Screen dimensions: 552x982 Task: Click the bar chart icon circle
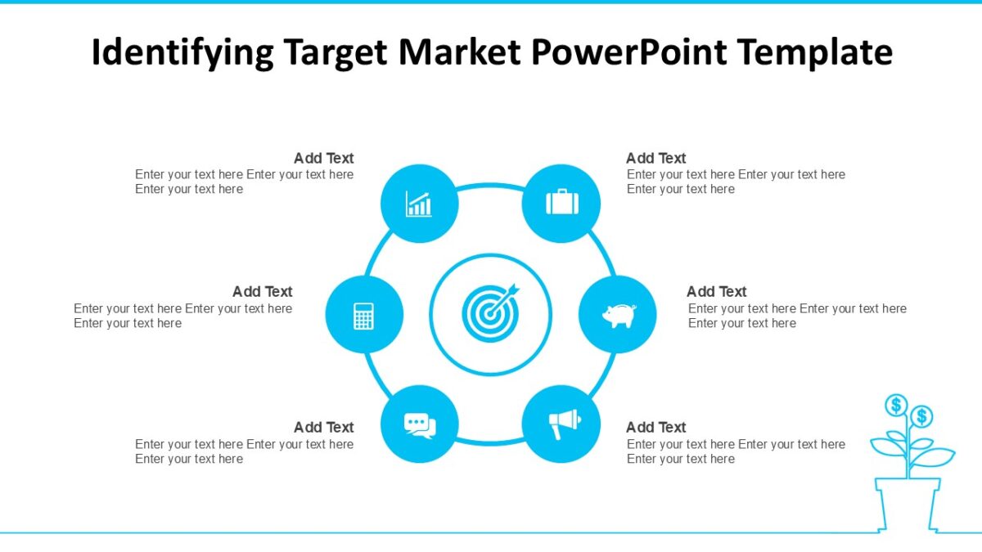coord(420,204)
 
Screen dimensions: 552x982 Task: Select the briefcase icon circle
coord(561,204)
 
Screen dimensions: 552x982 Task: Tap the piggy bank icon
coord(618,315)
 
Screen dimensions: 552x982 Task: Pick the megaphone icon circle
coord(561,424)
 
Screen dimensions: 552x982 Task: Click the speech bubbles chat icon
coord(420,424)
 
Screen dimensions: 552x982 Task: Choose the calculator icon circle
coord(364,315)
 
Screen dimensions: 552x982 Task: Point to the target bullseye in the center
coord(490,313)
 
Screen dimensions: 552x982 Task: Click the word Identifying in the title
coord(182,52)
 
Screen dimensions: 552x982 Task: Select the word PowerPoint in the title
coord(628,52)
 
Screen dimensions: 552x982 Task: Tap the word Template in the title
coord(814,52)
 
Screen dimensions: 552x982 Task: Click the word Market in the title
coord(459,52)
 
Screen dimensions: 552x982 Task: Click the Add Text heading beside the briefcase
coord(655,158)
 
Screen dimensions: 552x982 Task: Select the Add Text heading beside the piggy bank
coord(716,291)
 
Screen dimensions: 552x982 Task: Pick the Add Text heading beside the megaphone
coord(655,427)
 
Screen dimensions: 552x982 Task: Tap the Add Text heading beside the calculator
coord(262,291)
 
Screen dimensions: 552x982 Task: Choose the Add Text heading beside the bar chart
coord(323,158)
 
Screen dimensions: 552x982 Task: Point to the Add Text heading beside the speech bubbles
coord(323,427)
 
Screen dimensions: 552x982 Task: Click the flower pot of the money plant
coord(908,505)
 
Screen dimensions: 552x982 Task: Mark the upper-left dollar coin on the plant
coord(896,404)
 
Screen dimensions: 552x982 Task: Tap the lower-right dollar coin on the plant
coord(921,417)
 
